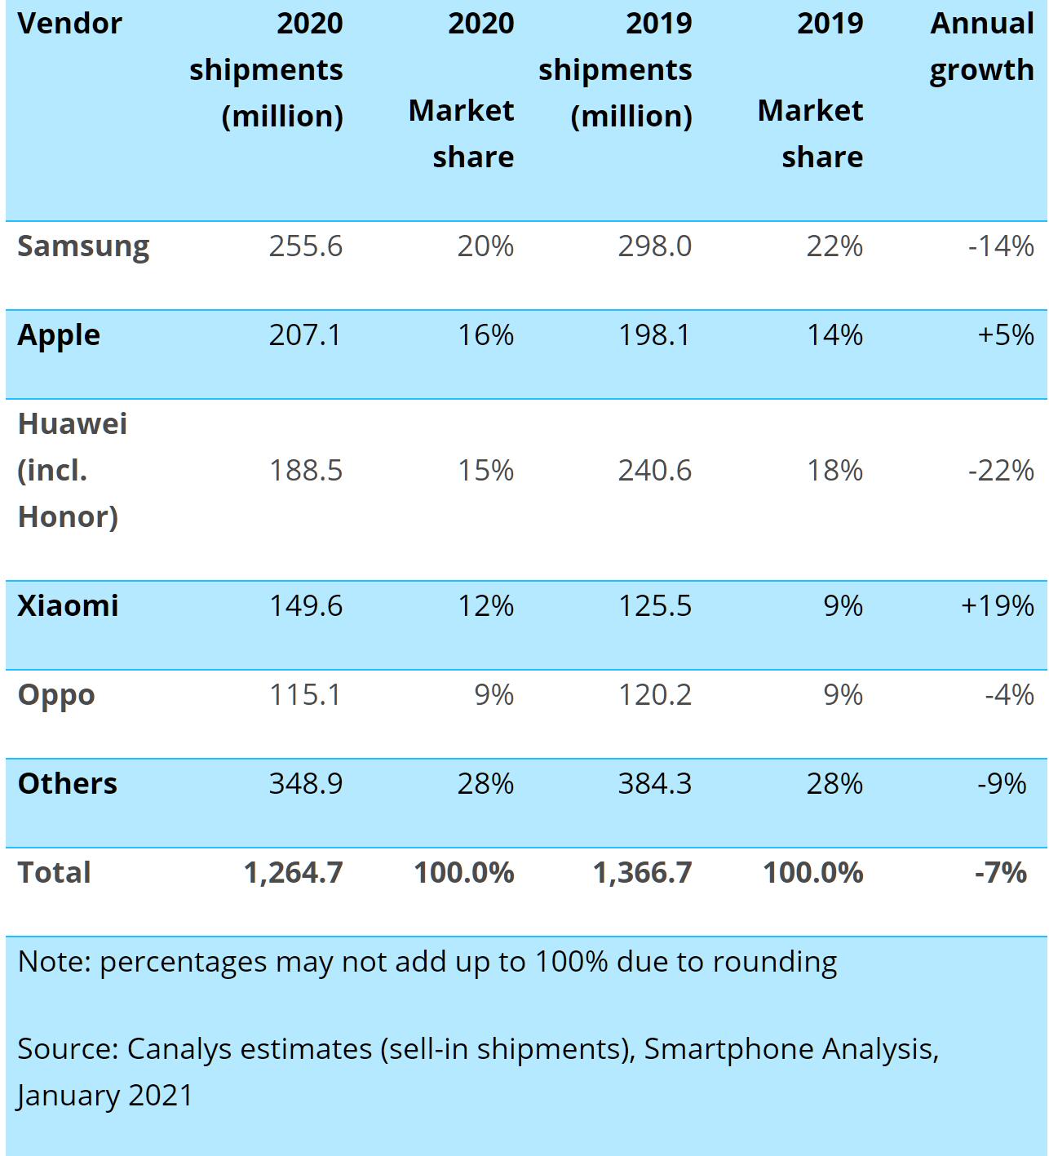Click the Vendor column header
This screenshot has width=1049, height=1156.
(69, 24)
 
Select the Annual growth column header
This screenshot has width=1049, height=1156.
(981, 47)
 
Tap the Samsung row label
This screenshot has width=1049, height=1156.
(83, 246)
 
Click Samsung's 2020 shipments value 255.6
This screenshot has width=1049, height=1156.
(306, 246)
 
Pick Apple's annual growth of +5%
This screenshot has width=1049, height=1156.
(1006, 335)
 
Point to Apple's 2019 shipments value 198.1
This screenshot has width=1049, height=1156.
(654, 335)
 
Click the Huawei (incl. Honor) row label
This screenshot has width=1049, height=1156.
(72, 471)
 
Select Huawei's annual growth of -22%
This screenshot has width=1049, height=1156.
(1001, 471)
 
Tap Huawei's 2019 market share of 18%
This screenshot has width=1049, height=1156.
(834, 471)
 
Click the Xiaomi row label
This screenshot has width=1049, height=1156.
(68, 606)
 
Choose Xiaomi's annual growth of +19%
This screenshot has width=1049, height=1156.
(998, 606)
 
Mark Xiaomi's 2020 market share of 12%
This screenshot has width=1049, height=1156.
(485, 606)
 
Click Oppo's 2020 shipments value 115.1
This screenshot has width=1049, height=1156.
(306, 695)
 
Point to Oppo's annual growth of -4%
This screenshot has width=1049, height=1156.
(1009, 695)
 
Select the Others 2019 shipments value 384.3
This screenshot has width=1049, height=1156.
(654, 784)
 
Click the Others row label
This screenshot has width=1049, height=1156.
(68, 784)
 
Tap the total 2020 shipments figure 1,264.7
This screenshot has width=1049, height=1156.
(294, 873)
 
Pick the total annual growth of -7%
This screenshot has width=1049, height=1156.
(1001, 873)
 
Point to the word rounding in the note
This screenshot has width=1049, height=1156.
(781, 963)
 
